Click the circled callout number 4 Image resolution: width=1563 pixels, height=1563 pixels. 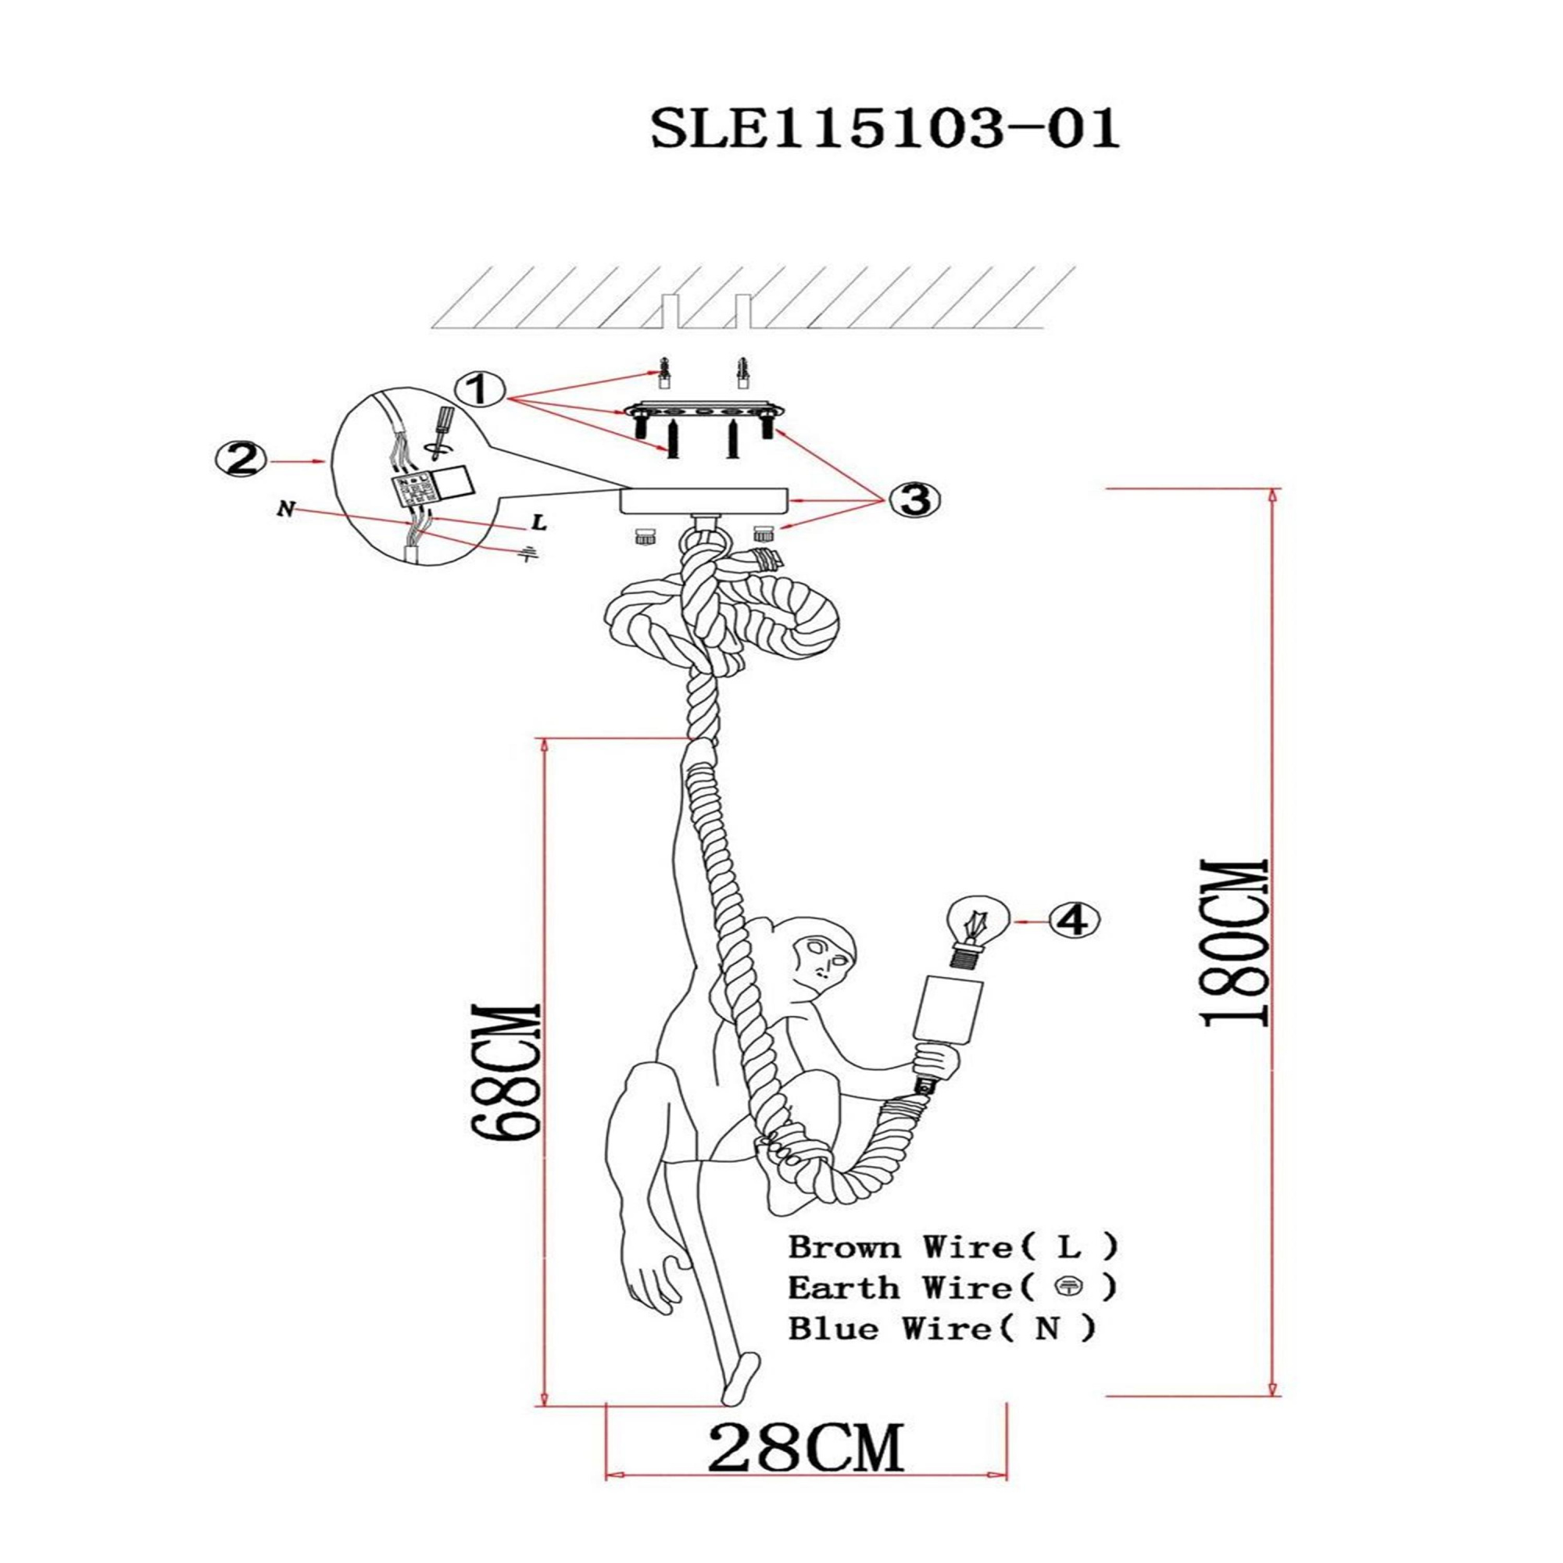pyautogui.click(x=1074, y=920)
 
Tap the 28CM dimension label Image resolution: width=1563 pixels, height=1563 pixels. pyautogui.click(x=805, y=1444)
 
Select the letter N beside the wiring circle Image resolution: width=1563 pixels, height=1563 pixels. pyautogui.click(x=284, y=510)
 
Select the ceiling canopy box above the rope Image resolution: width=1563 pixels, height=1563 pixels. pyautogui.click(x=703, y=500)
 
